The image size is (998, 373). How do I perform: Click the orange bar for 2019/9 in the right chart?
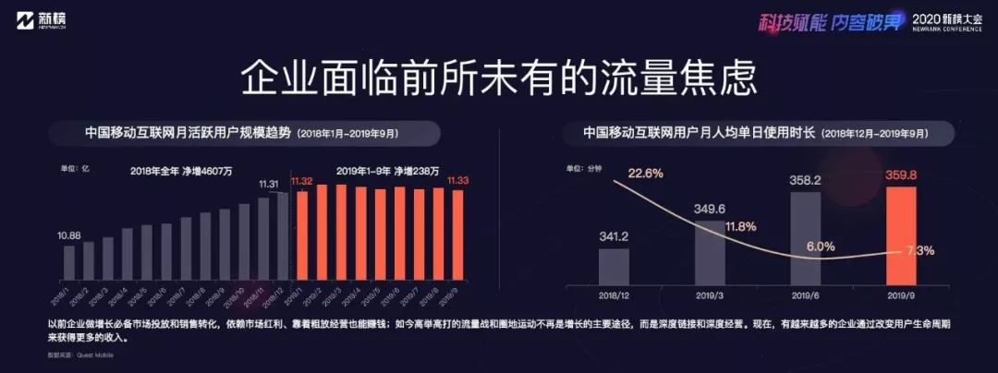tap(901, 235)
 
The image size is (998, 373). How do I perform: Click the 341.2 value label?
tap(614, 235)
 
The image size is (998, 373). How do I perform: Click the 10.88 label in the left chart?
tap(68, 235)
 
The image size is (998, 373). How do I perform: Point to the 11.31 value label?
tap(269, 185)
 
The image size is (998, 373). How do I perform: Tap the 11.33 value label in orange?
tap(456, 181)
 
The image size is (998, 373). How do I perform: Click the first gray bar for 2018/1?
tap(68, 262)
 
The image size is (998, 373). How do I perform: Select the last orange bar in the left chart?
tap(457, 235)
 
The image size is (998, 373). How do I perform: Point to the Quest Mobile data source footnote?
tap(70, 354)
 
